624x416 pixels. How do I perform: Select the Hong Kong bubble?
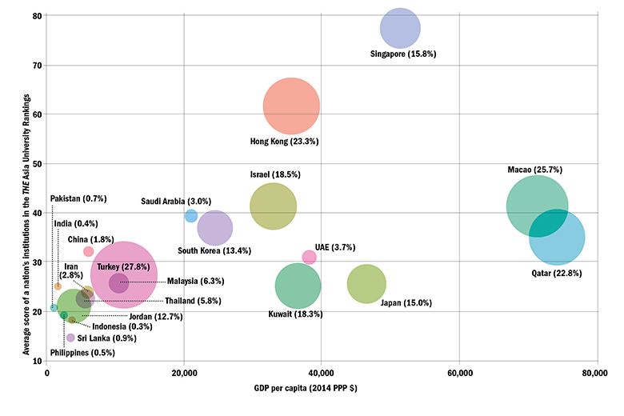[x=291, y=106]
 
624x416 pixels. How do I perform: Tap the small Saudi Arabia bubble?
[x=190, y=216]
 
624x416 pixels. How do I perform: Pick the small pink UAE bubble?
[x=309, y=257]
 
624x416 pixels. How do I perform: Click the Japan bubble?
[x=366, y=283]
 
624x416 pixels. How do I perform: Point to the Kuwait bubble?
[x=298, y=286]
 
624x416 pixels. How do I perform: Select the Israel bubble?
[x=273, y=206]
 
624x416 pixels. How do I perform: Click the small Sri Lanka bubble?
[x=70, y=338]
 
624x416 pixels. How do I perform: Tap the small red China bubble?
[x=88, y=251]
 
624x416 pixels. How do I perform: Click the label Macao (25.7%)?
[x=534, y=170]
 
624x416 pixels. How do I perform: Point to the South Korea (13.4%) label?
[x=214, y=250]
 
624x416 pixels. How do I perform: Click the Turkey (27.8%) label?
[x=119, y=266]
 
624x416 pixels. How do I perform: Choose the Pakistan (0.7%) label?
[x=78, y=198]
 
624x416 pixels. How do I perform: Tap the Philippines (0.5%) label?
[x=82, y=353]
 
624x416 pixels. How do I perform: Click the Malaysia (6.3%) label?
[x=195, y=281]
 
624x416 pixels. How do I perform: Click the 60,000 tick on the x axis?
[x=459, y=374]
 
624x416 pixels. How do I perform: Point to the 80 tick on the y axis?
[x=38, y=15]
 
